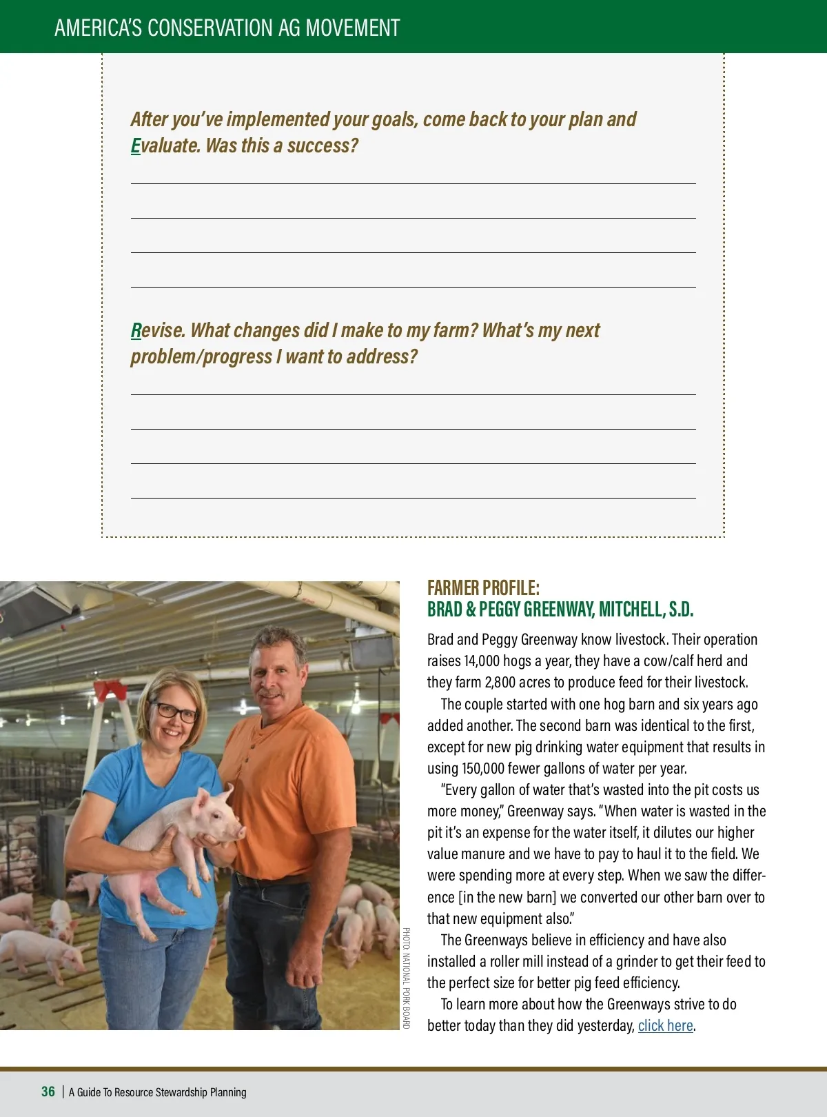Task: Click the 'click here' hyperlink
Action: point(665,1026)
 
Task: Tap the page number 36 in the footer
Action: point(48,1091)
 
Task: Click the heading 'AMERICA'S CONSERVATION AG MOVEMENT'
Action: point(227,28)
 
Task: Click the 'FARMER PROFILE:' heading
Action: point(483,588)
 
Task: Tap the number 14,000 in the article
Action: point(481,661)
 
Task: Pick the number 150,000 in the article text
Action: point(486,769)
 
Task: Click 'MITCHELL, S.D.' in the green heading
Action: point(646,610)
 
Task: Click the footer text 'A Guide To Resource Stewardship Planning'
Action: point(157,1092)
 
